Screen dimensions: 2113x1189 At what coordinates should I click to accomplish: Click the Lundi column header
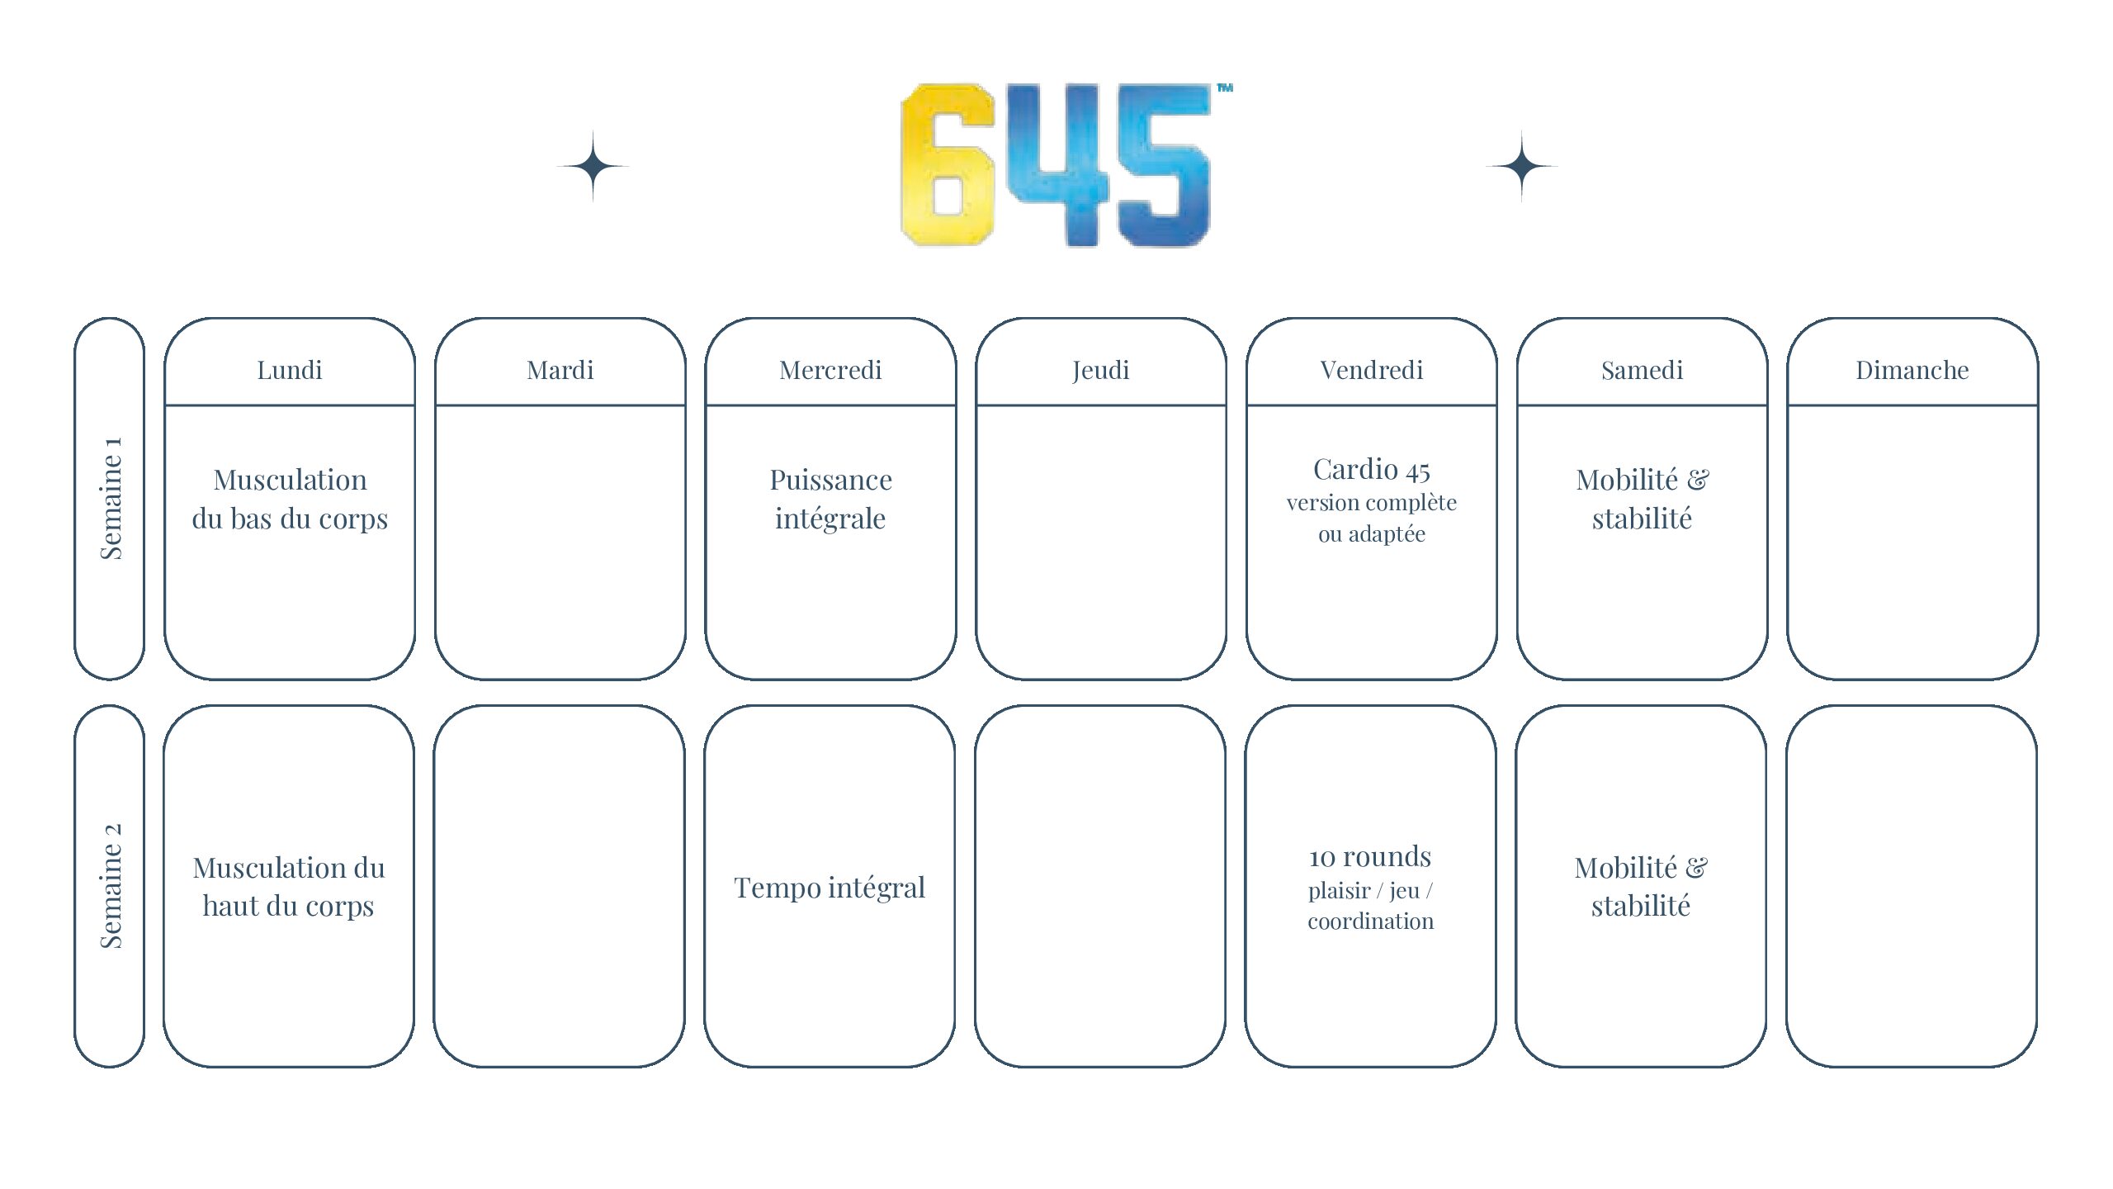click(x=289, y=370)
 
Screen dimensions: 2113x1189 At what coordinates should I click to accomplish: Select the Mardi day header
click(x=560, y=370)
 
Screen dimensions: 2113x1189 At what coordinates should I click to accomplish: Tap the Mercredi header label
click(x=830, y=370)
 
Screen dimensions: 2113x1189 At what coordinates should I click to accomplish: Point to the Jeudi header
click(x=1101, y=371)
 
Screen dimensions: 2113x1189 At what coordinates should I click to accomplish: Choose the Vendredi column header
click(x=1372, y=370)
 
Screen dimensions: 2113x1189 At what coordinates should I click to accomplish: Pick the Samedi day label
click(x=1642, y=370)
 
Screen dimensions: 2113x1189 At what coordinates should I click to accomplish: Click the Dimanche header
click(x=1912, y=370)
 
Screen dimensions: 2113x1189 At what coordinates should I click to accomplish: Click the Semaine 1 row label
click(x=111, y=498)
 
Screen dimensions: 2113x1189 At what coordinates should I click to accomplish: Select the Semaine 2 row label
click(x=111, y=885)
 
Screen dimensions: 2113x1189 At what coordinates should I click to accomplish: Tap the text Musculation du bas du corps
click(x=290, y=499)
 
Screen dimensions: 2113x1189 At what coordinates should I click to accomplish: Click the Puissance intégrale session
click(x=830, y=499)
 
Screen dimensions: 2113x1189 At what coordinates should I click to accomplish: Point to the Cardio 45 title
click(x=1372, y=469)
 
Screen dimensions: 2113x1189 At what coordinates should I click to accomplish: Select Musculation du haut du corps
click(x=289, y=887)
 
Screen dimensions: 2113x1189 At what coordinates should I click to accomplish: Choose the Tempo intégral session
click(x=830, y=888)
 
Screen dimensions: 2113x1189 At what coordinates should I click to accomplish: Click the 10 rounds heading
click(x=1370, y=856)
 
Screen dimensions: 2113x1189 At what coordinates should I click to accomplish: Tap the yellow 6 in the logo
click(x=946, y=164)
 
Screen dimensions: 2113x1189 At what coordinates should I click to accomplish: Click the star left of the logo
click(x=593, y=166)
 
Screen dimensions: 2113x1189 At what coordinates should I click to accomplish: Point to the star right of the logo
click(x=1522, y=166)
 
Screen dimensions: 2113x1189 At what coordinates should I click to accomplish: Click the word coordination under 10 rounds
click(x=1370, y=921)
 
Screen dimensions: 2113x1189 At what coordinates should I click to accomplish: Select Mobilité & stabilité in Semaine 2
click(x=1641, y=887)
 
